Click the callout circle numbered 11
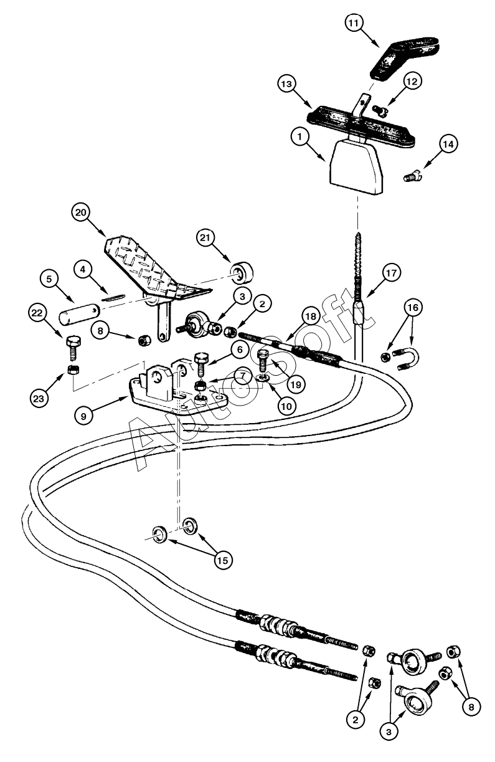point(354,24)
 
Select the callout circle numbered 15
point(222,560)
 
